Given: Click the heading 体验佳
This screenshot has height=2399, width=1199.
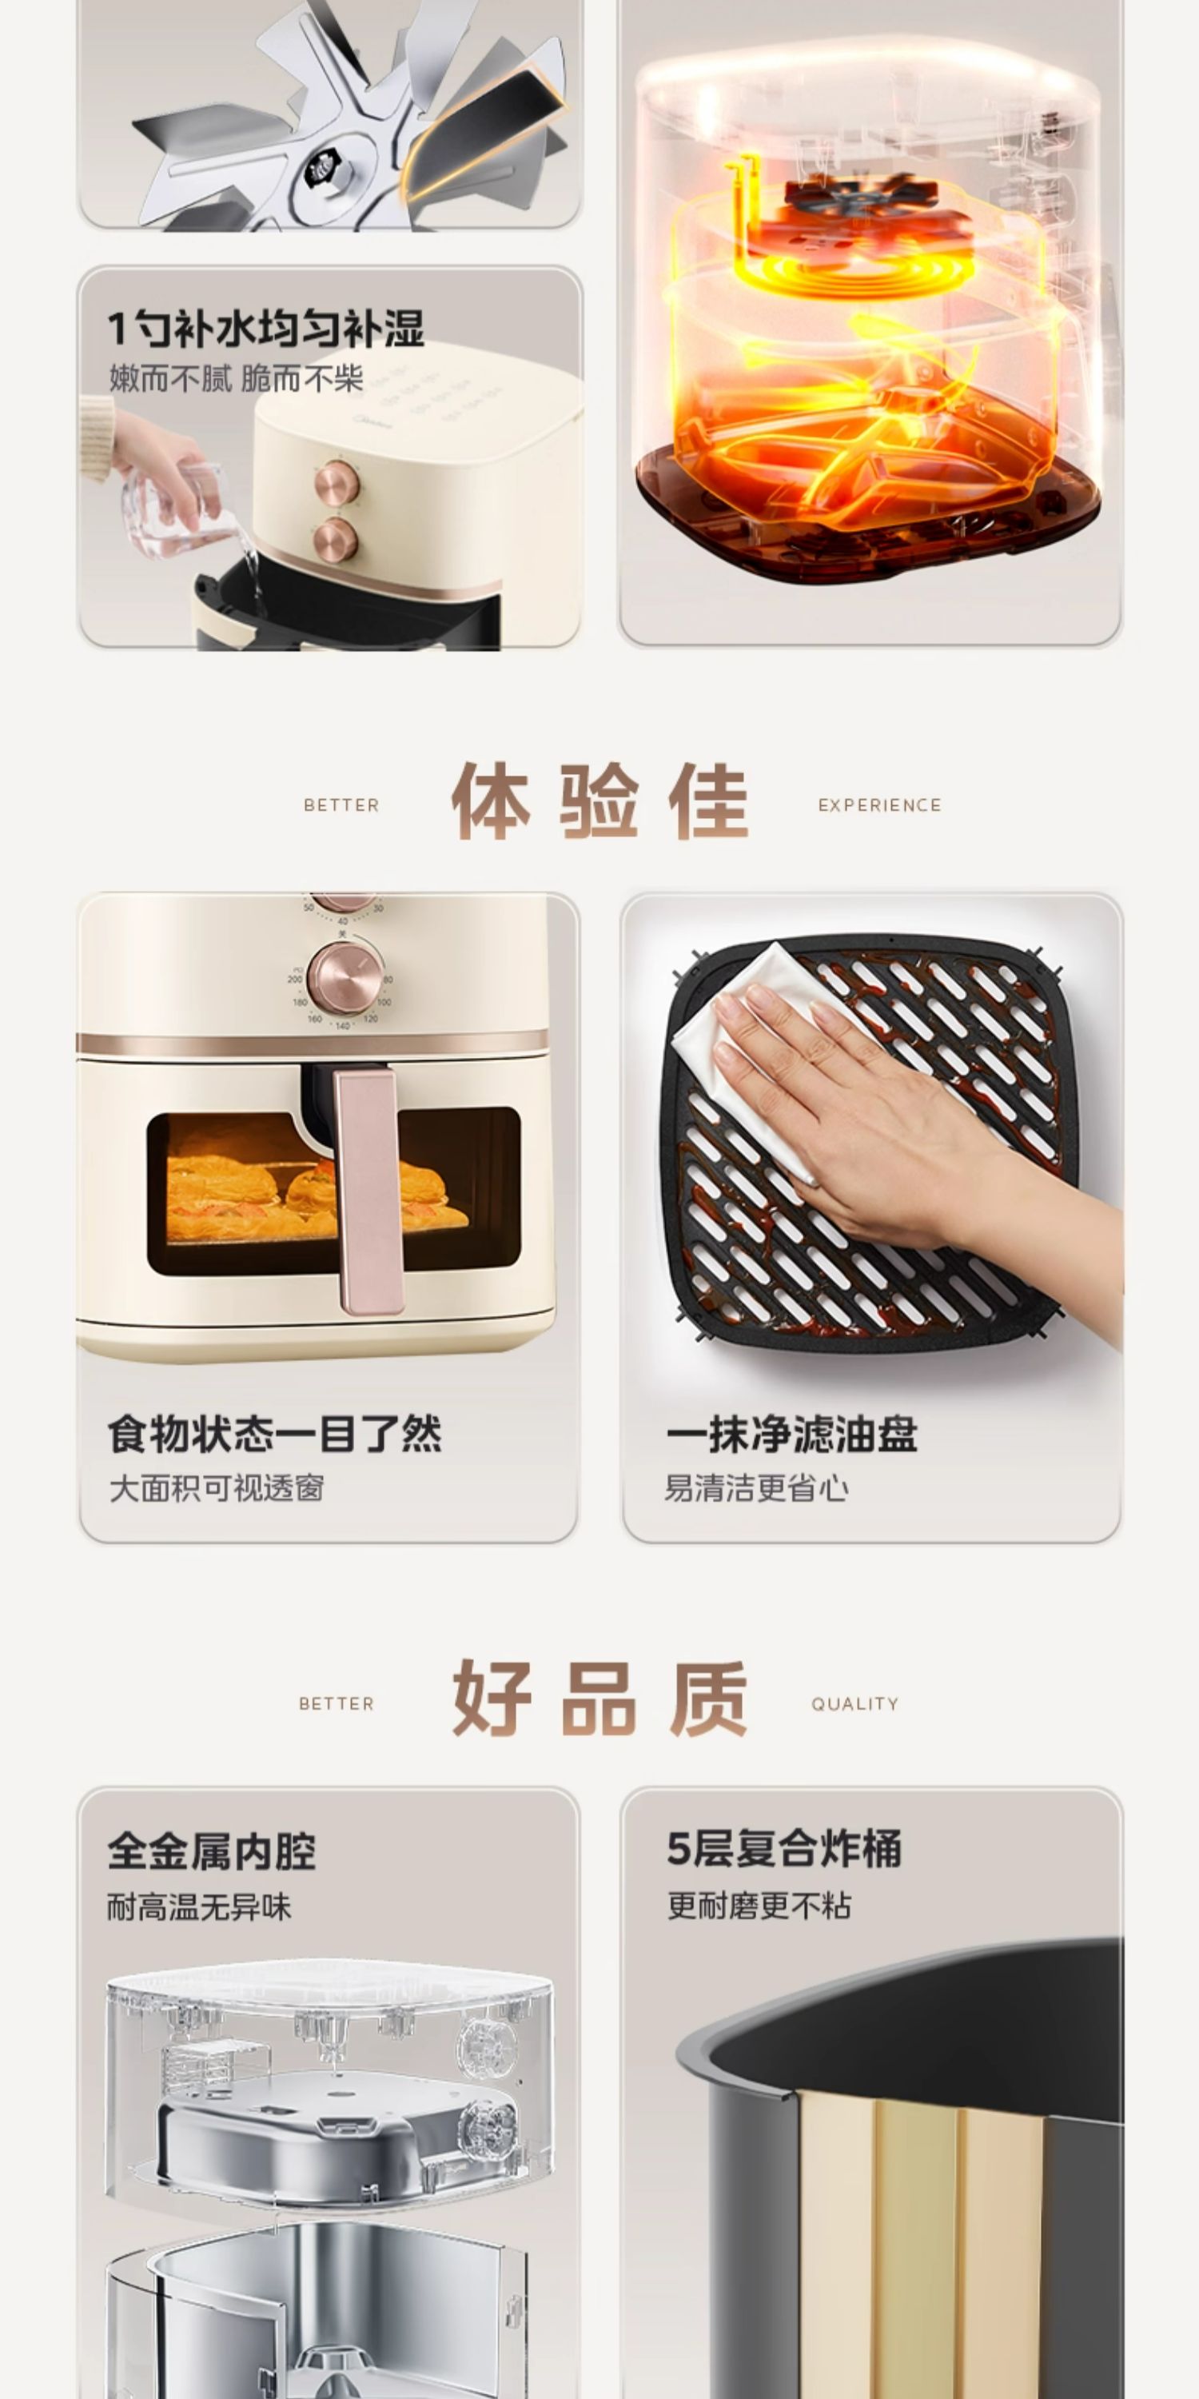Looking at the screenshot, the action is point(599,802).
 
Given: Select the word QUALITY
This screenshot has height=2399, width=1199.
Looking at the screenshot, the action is point(854,1704).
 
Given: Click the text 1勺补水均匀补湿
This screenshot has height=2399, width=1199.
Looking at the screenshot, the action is point(266,328).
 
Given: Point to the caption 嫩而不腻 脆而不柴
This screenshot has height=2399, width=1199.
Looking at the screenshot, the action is point(236,379).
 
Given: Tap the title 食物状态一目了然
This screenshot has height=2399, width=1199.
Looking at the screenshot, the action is point(275,1434).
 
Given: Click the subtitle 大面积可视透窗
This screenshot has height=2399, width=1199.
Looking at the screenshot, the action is point(216,1488).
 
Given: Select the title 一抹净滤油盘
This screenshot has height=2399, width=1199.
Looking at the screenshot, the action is point(791,1434).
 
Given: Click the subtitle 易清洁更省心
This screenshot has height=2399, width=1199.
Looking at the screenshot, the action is point(756,1488).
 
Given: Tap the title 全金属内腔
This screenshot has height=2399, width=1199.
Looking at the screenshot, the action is point(211,1851).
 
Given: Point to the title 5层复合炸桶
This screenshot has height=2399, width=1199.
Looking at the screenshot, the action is point(784,1850).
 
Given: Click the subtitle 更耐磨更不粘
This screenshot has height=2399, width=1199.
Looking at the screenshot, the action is point(759,1906).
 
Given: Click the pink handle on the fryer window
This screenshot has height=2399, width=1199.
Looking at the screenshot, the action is point(367,1192).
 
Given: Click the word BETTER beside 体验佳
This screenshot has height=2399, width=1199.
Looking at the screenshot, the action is point(341,805).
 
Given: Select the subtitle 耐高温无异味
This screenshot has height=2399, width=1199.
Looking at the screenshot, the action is point(199,1907).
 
